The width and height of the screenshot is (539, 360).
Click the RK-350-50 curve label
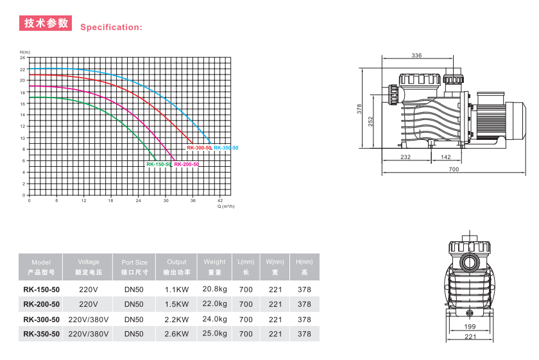pos(226,148)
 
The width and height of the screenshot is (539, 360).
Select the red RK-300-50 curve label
pos(199,148)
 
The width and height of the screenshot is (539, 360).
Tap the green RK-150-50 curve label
pos(159,164)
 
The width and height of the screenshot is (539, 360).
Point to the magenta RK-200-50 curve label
pos(186,164)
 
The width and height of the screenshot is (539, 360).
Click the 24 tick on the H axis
pos(22,58)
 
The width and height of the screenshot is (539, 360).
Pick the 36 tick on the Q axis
pos(193,200)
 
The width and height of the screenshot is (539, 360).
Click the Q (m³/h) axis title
pos(226,206)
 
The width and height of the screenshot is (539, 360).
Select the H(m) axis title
pos(25,52)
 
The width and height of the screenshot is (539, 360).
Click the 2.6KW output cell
pos(176,334)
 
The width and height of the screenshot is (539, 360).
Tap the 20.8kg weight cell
pos(214,289)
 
